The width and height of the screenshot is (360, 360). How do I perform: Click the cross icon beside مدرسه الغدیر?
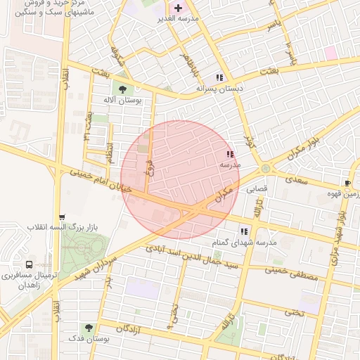[177, 7]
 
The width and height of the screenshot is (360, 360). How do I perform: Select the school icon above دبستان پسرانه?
[219, 77]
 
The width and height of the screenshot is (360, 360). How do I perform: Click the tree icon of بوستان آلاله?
[123, 89]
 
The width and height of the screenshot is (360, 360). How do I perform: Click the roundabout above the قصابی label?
[266, 169]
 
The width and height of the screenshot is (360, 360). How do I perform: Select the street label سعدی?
[297, 180]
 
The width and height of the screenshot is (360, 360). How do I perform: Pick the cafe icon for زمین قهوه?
[347, 183]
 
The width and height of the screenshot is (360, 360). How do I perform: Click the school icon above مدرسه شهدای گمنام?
[244, 231]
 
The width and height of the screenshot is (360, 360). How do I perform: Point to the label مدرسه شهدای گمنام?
[245, 242]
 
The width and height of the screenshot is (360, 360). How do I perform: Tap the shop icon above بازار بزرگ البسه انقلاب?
[63, 217]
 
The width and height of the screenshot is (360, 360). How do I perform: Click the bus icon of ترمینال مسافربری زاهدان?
[28, 265]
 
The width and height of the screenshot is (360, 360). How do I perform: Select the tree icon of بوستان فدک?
[89, 328]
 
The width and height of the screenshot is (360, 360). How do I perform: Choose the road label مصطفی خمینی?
[292, 273]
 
